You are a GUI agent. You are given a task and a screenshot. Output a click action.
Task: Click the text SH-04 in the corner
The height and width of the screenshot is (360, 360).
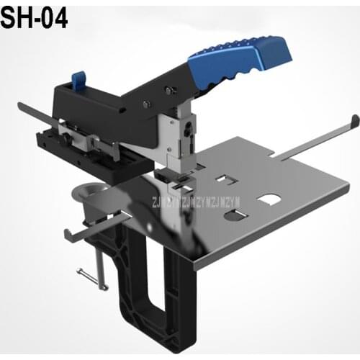[35, 17]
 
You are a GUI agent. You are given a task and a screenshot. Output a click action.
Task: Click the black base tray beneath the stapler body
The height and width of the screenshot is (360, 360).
[72, 140]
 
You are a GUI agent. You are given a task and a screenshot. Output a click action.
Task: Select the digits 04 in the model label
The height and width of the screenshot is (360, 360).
[54, 17]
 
